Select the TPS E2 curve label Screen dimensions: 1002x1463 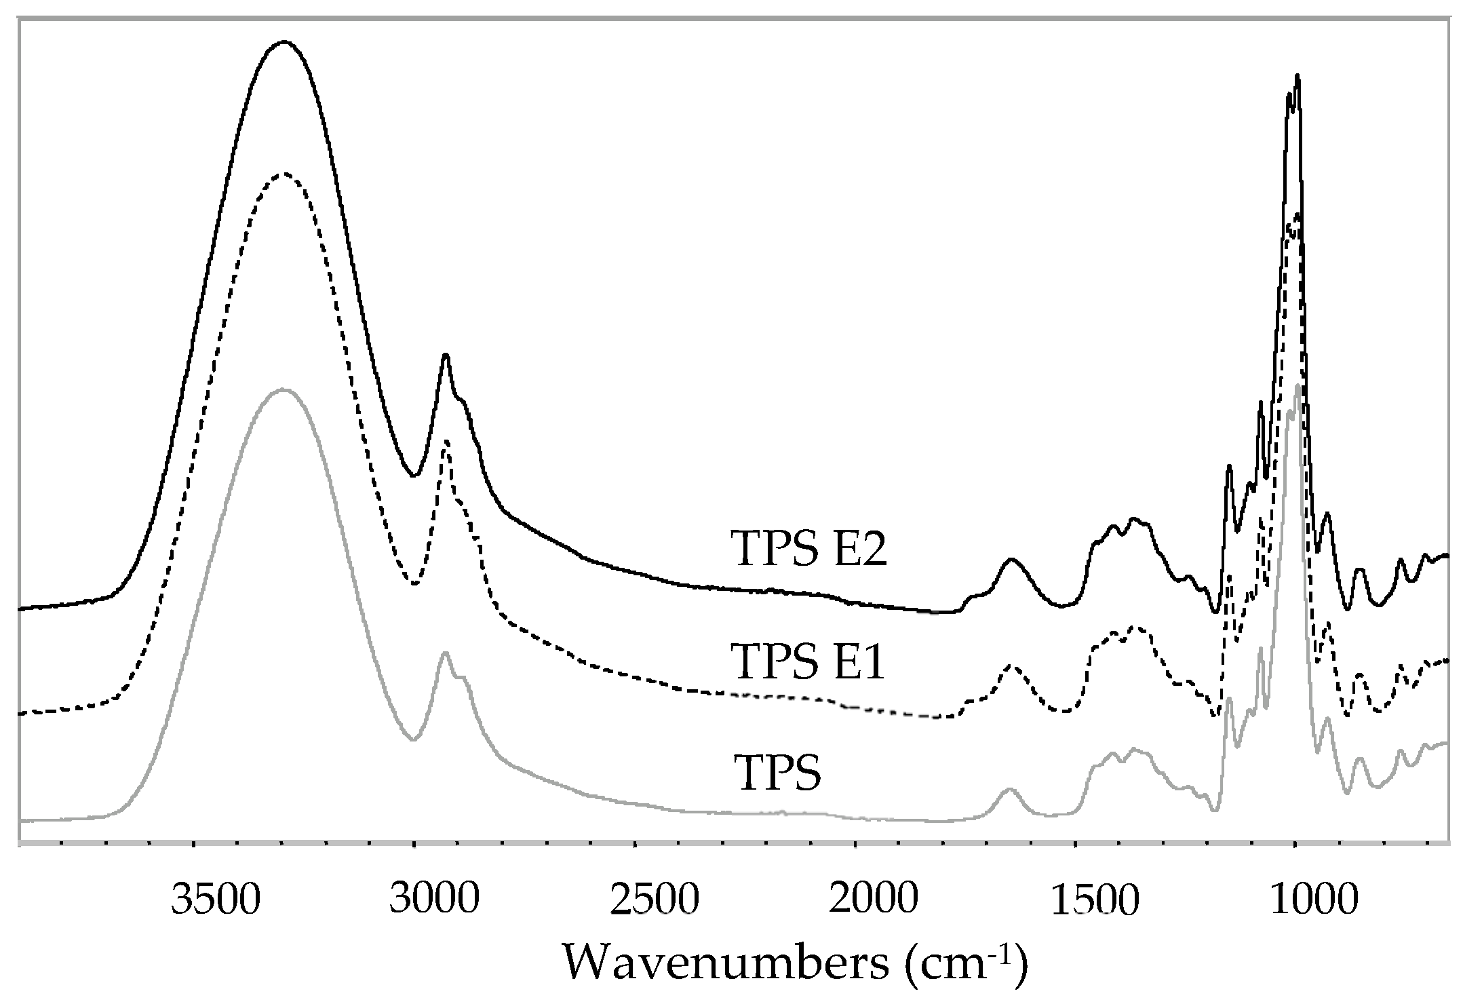(808, 549)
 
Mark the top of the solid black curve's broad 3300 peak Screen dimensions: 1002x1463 (284, 42)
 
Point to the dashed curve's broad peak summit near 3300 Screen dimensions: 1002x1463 (284, 174)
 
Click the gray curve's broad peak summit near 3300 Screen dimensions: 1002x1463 (284, 390)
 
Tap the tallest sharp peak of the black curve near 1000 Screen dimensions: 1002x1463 (1297, 95)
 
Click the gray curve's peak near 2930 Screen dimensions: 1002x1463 (445, 653)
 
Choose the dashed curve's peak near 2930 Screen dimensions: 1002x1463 (446, 442)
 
